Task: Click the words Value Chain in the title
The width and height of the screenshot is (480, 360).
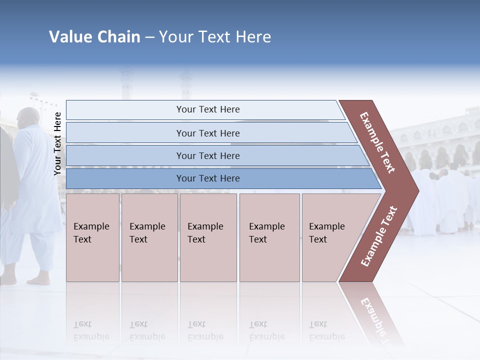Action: coord(94,37)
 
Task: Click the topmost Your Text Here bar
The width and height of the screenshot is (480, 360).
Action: coord(207,109)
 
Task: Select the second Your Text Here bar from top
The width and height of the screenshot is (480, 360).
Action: coord(207,133)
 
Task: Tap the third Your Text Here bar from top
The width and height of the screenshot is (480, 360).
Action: coord(207,156)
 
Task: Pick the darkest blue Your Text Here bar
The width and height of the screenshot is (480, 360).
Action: coord(207,178)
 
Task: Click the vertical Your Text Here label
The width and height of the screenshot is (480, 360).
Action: coord(57,143)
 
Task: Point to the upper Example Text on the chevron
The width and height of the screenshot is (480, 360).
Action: coord(378,142)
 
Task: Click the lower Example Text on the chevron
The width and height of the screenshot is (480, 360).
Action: coord(379,236)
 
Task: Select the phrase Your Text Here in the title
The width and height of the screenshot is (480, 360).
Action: coord(215,37)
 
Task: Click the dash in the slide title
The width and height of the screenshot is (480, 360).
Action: coord(149,37)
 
